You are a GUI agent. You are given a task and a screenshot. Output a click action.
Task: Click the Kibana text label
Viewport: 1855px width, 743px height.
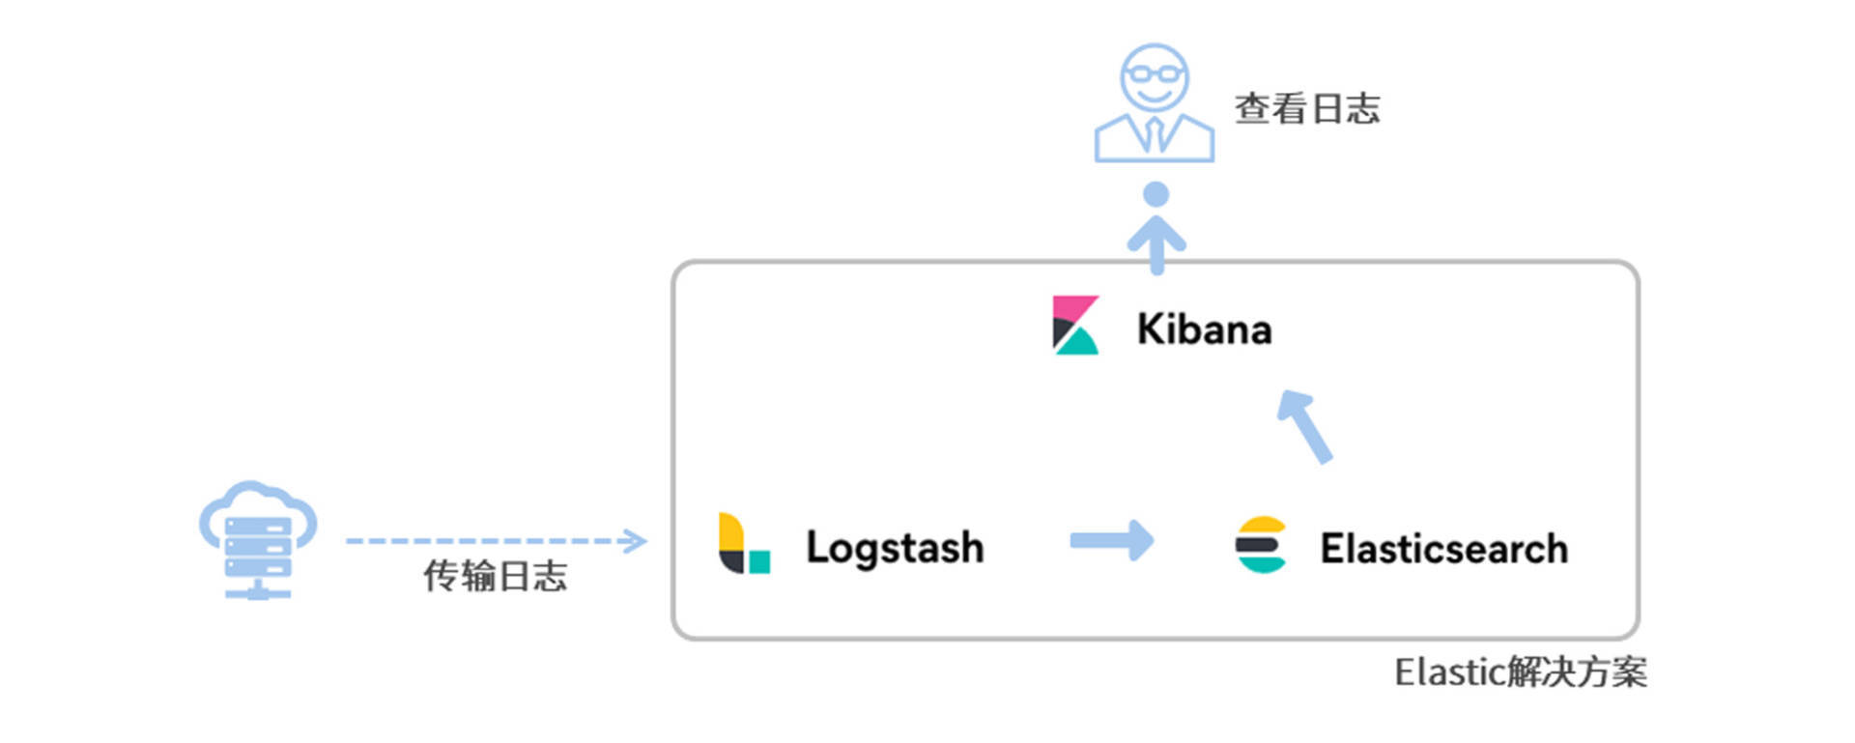point(1204,329)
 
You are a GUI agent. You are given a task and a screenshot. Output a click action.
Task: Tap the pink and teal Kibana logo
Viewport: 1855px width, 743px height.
point(1075,326)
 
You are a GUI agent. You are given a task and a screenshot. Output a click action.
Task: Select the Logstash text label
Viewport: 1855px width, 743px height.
point(895,548)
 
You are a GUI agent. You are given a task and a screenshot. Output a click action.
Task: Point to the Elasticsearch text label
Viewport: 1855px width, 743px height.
point(1443,549)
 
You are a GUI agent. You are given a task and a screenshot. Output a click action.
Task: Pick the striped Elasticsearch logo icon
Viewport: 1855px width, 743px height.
point(1261,545)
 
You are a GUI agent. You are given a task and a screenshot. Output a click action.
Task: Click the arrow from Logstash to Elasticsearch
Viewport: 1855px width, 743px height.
point(1112,540)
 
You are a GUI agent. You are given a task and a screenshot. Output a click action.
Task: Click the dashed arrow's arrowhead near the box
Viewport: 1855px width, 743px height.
point(635,540)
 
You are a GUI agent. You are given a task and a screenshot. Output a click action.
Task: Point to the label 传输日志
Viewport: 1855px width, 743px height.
point(495,576)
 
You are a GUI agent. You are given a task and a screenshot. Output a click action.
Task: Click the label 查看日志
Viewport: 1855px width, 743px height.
point(1306,108)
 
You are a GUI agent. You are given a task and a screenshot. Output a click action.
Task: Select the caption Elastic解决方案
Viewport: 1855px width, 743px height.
point(1520,672)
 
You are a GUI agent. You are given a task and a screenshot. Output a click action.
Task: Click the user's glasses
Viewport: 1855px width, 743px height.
point(1155,73)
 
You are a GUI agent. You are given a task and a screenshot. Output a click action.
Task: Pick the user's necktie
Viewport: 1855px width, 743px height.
point(1155,133)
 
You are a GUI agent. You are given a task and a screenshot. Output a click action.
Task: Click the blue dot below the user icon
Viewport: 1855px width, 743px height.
point(1156,194)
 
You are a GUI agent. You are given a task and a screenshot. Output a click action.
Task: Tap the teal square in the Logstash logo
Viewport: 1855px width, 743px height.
point(759,561)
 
